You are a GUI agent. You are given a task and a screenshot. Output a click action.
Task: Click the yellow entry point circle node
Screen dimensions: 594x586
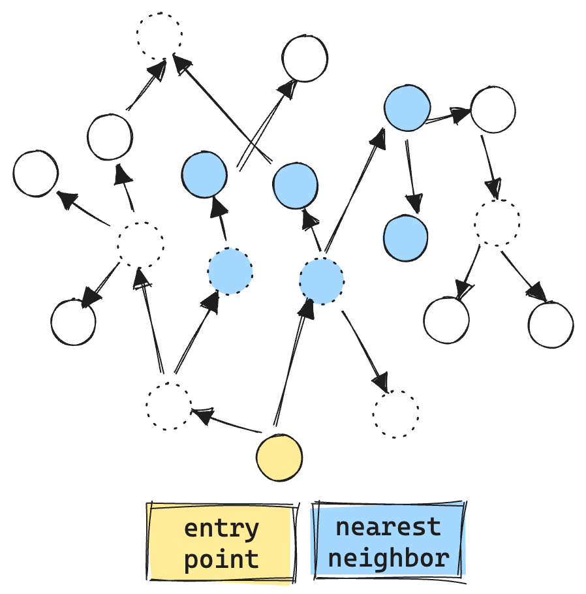[279, 458]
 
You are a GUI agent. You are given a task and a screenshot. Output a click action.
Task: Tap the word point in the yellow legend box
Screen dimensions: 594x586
[221, 559]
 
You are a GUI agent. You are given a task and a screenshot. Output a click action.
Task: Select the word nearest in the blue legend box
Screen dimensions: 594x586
[388, 527]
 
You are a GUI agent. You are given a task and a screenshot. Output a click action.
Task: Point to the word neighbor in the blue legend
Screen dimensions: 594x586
[388, 558]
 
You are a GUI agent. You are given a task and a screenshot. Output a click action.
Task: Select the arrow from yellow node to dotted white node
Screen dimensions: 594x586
[228, 421]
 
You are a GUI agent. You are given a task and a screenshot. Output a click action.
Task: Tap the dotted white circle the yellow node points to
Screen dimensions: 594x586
[168, 406]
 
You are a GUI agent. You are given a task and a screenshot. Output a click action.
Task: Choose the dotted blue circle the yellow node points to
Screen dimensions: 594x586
[322, 281]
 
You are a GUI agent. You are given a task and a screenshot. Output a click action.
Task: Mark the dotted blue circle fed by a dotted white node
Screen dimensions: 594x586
[230, 272]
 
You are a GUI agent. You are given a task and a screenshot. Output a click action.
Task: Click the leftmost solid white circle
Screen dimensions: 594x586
[35, 174]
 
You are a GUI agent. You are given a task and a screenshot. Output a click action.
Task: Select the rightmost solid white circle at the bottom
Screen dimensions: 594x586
[551, 324]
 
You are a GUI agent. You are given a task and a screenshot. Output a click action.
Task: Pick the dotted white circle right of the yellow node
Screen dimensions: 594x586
[396, 414]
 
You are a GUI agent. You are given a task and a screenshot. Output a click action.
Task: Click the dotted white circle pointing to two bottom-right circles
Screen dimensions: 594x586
[497, 223]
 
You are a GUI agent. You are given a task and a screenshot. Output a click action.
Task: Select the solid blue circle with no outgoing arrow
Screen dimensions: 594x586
[406, 238]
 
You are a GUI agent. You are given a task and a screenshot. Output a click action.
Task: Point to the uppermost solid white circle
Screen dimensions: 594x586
[305, 59]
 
